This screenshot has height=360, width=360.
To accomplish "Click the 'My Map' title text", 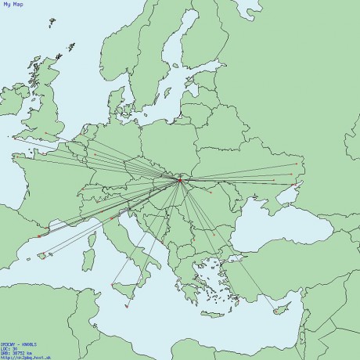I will [13, 5].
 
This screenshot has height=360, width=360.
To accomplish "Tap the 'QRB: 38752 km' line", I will [16, 353].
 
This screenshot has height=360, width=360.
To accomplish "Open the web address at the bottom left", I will [15, 358].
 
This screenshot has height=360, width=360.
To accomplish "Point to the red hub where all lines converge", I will [179, 181].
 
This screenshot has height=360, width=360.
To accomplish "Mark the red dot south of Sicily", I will [126, 306].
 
